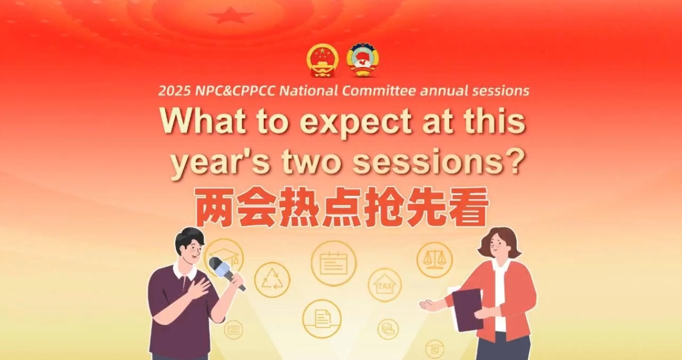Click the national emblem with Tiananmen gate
(x=322, y=60)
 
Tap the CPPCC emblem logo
(x=362, y=60)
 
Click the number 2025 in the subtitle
(x=175, y=91)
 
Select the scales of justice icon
(x=434, y=260)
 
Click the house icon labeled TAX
(x=385, y=284)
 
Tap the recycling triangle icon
(x=272, y=280)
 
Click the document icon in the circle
(x=322, y=318)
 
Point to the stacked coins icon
(x=388, y=329)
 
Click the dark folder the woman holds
(x=467, y=308)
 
